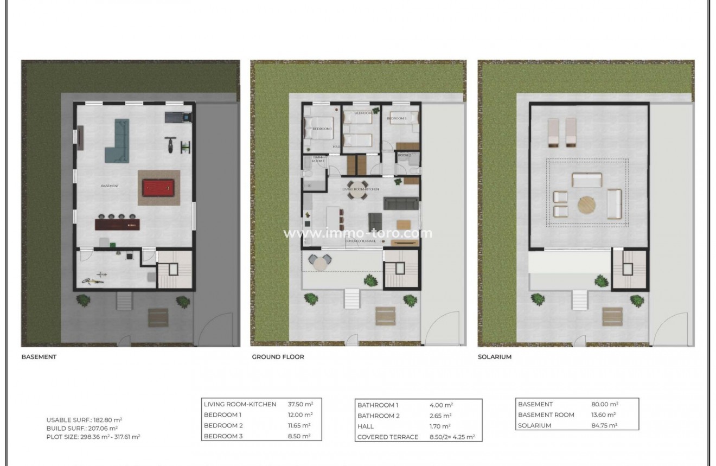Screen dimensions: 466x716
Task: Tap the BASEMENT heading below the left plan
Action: [39, 357]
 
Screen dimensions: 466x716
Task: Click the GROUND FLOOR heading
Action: [278, 357]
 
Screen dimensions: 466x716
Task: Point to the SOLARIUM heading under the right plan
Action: [495, 357]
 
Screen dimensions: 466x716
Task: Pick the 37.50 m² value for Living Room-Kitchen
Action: [300, 404]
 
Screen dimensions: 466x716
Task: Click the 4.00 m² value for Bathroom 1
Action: [441, 405]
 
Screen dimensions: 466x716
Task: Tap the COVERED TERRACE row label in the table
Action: [387, 437]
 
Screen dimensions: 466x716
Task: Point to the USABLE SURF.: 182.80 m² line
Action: [84, 420]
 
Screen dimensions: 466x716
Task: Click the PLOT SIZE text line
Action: [93, 436]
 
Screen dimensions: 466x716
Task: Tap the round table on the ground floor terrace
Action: [321, 263]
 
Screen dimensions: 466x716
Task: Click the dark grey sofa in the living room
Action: [401, 203]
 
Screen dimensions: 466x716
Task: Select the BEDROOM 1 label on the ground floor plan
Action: [322, 129]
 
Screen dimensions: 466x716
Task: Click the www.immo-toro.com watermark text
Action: [358, 233]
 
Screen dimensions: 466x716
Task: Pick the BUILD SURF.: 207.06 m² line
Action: [82, 428]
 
